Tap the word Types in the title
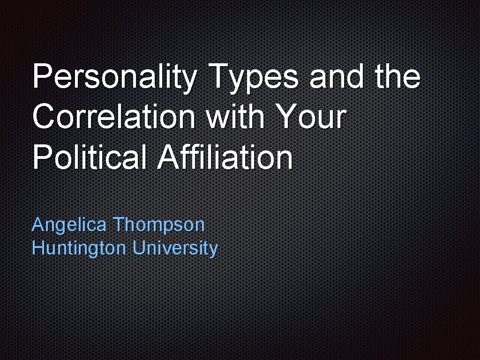coord(254,77)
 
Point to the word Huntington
coord(79,248)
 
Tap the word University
coord(175,248)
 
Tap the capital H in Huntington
coord(37,247)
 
